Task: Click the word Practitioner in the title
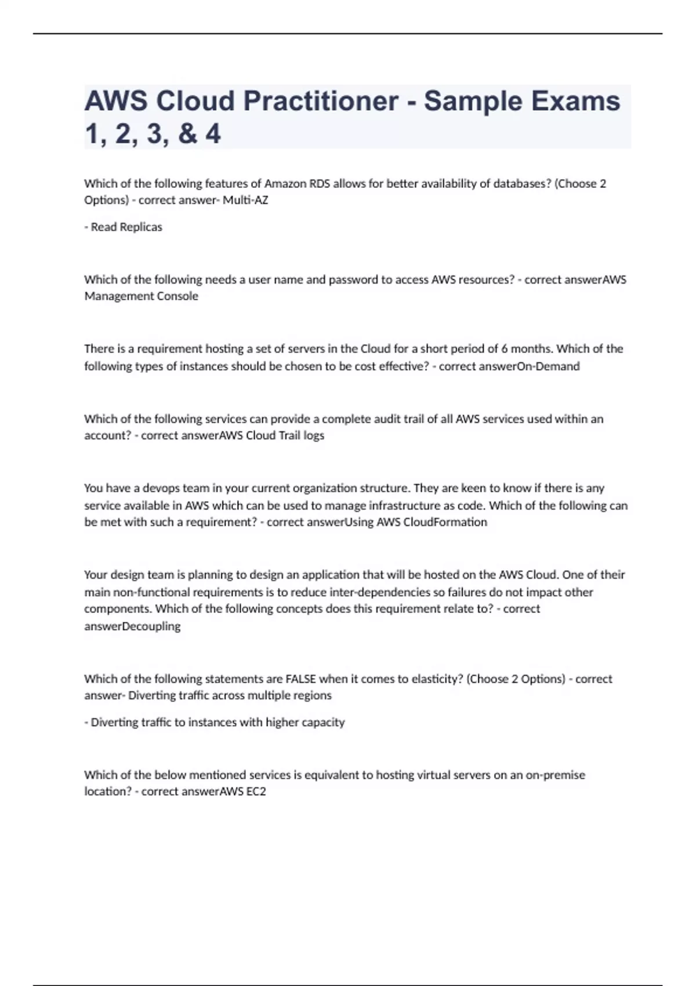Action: click(321, 101)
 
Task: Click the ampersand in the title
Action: click(187, 133)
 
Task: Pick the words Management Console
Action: click(141, 296)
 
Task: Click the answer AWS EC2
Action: click(243, 792)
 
